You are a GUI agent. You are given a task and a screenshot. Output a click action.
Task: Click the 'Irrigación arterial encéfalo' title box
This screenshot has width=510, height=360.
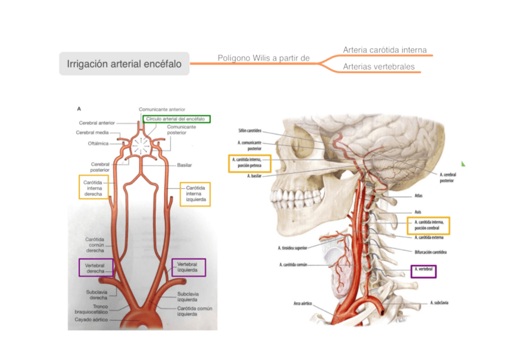124,63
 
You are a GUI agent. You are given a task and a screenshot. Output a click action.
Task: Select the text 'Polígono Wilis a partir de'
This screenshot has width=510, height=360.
263,58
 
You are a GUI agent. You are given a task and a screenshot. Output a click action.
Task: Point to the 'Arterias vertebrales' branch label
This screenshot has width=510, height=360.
378,67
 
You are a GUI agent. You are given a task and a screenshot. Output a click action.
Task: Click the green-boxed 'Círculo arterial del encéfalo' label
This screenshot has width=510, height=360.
177,119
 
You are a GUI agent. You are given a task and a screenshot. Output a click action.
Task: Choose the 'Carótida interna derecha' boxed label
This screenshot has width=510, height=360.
93,187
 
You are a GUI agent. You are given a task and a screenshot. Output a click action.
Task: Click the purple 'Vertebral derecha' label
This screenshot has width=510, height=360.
95,267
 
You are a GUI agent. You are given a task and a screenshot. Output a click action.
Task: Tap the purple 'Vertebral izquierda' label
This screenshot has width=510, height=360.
188,267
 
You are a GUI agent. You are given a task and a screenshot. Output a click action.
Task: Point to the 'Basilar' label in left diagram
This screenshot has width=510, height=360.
185,164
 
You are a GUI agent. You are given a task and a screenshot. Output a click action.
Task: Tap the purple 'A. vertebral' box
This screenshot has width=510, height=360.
423,271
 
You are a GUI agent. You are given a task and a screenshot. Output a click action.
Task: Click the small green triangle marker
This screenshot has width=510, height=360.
464,163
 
